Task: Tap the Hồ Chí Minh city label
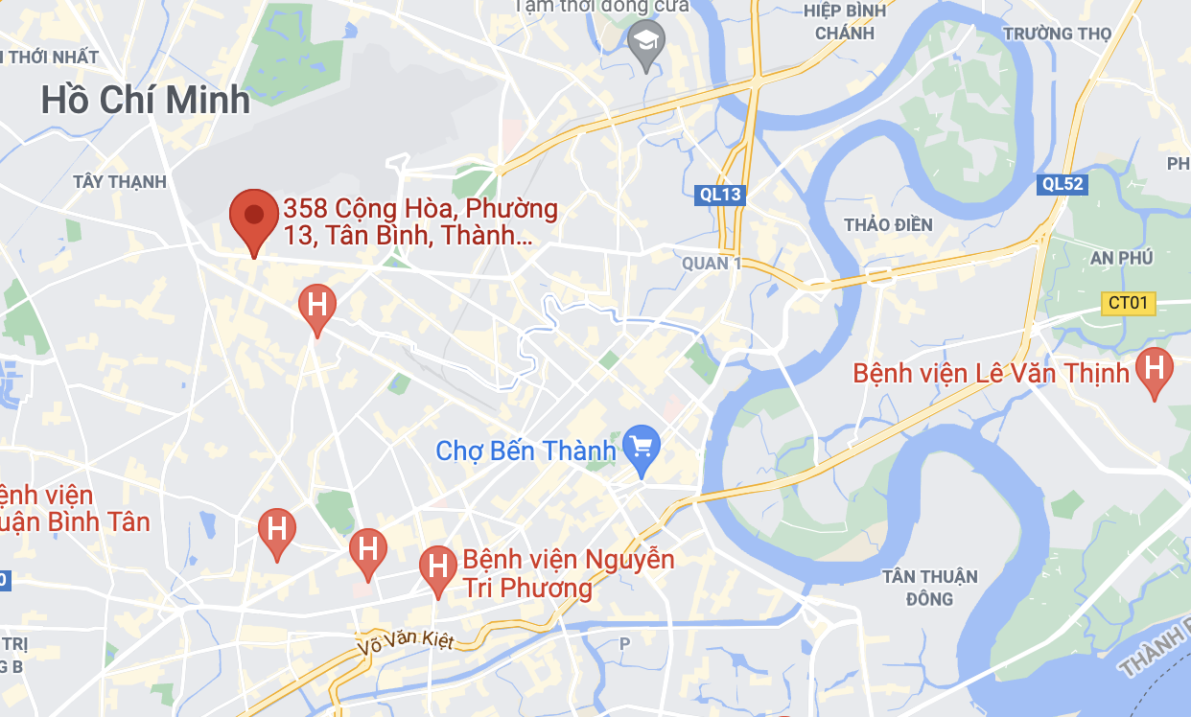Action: pos(146,100)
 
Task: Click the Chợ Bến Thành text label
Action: pos(525,451)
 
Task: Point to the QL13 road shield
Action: pos(719,195)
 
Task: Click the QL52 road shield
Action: pos(1063,184)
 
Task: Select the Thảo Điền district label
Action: pos(888,225)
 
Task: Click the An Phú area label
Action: pos(1122,258)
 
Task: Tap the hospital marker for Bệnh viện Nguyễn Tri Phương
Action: pos(438,567)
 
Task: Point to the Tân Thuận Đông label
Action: pos(930,587)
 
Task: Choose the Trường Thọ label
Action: pos(1057,34)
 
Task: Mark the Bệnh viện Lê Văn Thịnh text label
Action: pos(992,373)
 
